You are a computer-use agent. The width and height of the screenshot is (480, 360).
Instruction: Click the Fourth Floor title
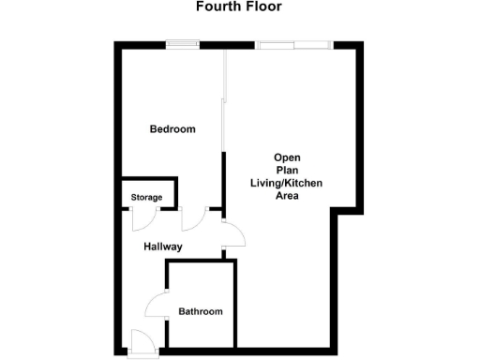(238, 7)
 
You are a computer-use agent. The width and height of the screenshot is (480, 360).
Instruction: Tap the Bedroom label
(172, 129)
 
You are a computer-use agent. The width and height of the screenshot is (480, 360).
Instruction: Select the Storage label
(146, 197)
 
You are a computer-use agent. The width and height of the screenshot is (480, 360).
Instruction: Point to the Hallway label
(162, 247)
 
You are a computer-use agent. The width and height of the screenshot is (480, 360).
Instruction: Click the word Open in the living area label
(286, 157)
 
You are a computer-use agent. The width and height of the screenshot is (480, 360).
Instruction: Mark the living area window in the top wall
(293, 43)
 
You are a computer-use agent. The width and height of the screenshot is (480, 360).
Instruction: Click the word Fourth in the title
(216, 7)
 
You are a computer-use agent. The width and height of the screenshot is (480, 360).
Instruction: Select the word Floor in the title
(262, 7)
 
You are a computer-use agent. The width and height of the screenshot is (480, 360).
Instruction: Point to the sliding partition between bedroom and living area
(222, 103)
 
